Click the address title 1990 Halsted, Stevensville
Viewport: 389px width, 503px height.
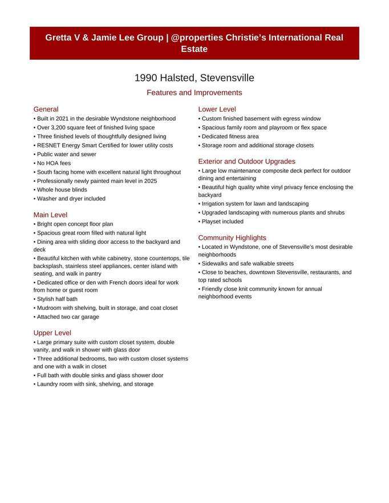click(194, 78)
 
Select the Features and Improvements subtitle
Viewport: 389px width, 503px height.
click(194, 92)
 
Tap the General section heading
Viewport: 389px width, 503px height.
click(46, 109)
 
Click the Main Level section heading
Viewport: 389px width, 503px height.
click(50, 215)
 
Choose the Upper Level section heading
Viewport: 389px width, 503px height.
click(52, 333)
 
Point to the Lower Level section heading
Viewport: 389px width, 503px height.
click(217, 109)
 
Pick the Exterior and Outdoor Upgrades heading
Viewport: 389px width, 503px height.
click(246, 161)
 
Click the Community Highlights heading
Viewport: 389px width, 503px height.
click(232, 238)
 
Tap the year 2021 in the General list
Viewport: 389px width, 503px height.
click(68, 118)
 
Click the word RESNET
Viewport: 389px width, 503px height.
click(48, 145)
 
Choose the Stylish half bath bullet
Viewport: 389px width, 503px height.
click(56, 299)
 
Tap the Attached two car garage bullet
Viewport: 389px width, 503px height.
click(67, 317)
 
